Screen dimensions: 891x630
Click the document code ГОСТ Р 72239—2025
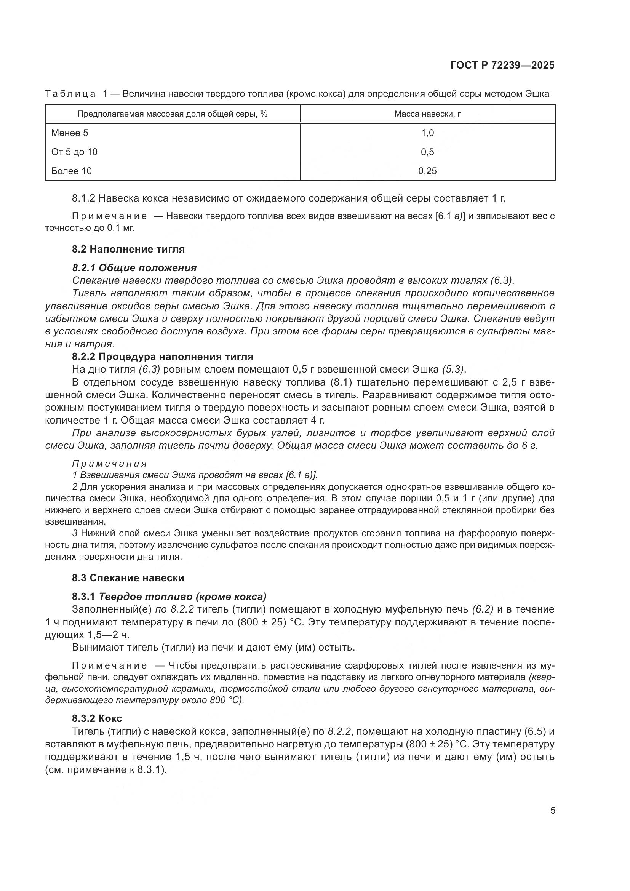[x=502, y=66]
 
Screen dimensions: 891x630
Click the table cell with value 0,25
[x=427, y=171]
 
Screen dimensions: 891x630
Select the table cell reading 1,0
[x=427, y=133]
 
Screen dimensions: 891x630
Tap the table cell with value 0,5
[x=427, y=152]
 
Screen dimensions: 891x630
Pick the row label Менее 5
[x=70, y=133]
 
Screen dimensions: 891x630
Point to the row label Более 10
[x=71, y=171]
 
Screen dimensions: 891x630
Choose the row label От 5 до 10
[x=75, y=152]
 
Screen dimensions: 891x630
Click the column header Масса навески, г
[x=427, y=114]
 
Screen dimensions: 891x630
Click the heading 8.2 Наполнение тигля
[x=128, y=249]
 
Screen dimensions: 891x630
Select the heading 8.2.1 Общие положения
[x=134, y=268]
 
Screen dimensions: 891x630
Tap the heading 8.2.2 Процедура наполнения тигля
[x=163, y=356]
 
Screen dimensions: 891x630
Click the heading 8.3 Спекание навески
[x=128, y=578]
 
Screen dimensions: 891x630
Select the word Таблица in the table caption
[x=70, y=94]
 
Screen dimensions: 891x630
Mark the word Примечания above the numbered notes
[x=109, y=464]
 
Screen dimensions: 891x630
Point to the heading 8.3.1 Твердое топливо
[x=169, y=597]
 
